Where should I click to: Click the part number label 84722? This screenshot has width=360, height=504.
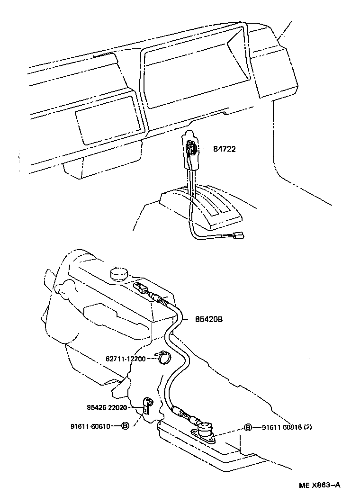tap(225, 149)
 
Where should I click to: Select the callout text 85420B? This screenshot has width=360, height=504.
tap(209, 319)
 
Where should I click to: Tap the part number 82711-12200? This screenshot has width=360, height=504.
tap(126, 359)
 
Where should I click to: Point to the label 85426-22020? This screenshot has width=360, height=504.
tap(107, 407)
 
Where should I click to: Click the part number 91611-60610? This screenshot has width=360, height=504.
tap(90, 426)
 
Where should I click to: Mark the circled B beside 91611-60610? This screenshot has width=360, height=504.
tap(125, 426)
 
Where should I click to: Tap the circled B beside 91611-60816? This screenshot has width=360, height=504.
tap(248, 428)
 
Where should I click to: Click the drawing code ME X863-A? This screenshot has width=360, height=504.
tap(319, 485)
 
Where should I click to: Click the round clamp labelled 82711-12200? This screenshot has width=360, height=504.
tap(164, 357)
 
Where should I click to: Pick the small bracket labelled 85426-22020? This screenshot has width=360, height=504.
tap(147, 405)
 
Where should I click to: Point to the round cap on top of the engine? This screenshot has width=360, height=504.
tap(118, 273)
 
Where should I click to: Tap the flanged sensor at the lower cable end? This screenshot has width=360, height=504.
tap(205, 430)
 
